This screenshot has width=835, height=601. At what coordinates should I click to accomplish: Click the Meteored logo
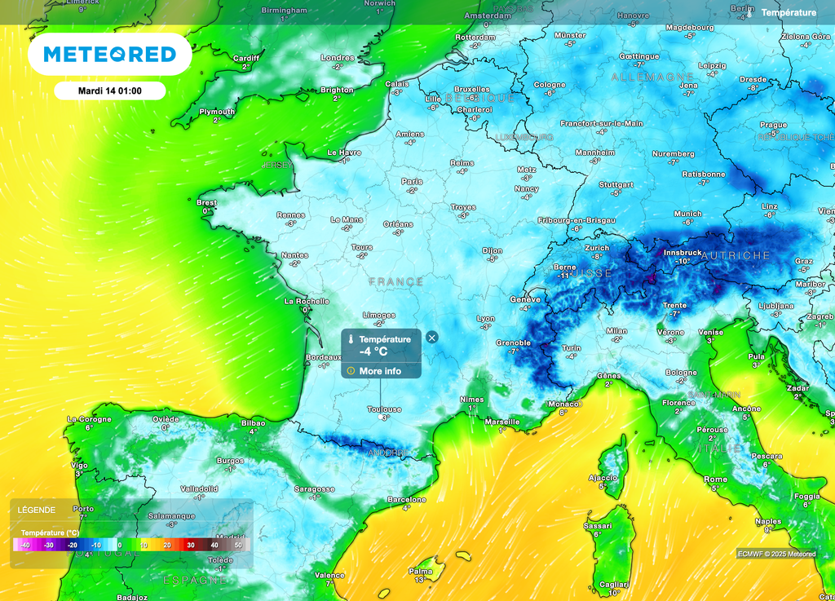(109, 55)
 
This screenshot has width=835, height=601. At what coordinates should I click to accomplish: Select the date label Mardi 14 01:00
(110, 91)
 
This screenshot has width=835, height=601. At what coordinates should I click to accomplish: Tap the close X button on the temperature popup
(432, 338)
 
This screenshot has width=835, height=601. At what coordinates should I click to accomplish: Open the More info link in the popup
(380, 371)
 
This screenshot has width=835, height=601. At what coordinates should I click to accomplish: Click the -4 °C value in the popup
(373, 352)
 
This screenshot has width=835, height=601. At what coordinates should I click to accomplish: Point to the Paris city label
(412, 182)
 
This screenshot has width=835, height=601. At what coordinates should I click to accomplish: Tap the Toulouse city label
(384, 409)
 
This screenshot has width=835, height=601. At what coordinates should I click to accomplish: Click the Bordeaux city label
(323, 357)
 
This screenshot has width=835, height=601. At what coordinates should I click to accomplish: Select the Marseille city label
(501, 422)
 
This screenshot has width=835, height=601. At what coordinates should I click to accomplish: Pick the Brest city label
(207, 202)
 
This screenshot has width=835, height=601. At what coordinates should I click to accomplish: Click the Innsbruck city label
(683, 253)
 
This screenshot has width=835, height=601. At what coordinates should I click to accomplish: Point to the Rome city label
(715, 479)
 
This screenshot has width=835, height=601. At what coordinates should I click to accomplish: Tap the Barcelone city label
(406, 499)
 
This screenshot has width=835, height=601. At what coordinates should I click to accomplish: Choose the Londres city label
(338, 58)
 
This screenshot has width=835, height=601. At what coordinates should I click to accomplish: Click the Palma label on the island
(420, 571)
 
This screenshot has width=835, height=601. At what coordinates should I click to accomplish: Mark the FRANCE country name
(396, 281)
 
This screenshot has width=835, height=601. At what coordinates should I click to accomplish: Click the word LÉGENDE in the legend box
(38, 510)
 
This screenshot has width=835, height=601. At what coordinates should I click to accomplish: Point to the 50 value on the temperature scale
(238, 545)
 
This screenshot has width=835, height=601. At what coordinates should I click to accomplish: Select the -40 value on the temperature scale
(25, 545)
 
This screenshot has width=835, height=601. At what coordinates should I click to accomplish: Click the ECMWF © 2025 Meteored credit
(776, 554)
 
